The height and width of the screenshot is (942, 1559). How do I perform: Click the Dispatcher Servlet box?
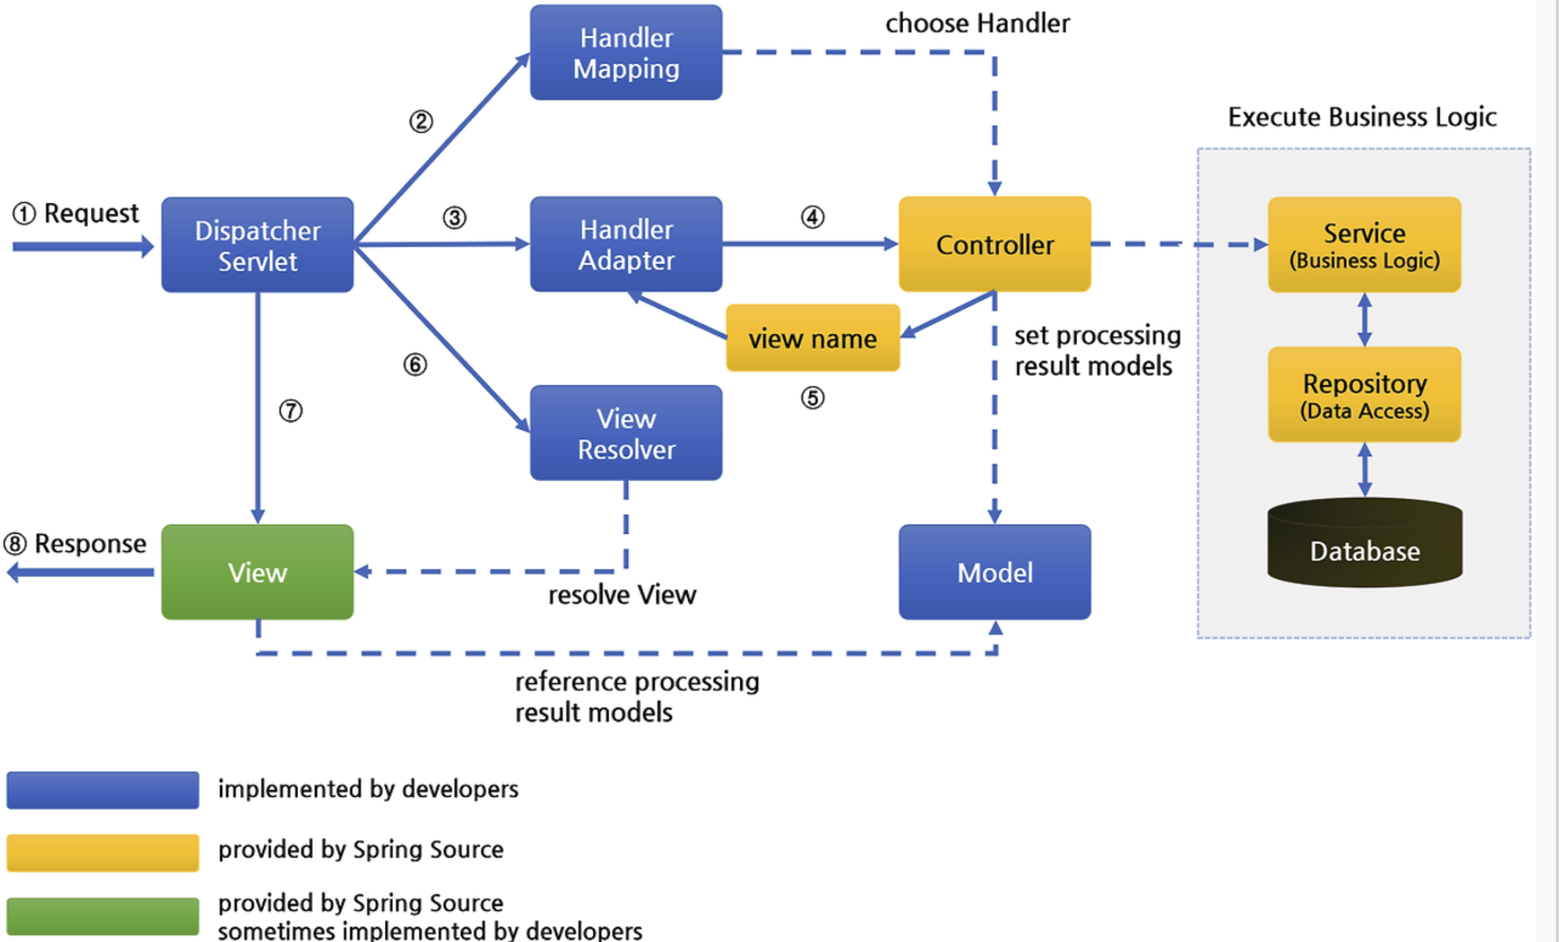(257, 245)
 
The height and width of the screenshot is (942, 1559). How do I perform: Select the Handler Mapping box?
(626, 52)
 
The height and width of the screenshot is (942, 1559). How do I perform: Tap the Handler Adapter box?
(626, 244)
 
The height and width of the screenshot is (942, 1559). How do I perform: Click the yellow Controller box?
(995, 244)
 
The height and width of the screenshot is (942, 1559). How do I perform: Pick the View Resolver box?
(626, 433)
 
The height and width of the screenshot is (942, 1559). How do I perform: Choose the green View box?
(257, 572)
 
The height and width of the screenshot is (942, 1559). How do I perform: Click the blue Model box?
(995, 572)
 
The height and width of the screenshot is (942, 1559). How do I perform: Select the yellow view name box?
(813, 338)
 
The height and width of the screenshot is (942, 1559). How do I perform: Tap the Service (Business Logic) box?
(1365, 244)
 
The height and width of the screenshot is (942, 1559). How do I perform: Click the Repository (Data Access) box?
(1365, 395)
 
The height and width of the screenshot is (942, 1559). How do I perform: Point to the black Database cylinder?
(1365, 542)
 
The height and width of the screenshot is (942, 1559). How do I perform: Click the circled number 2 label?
(421, 122)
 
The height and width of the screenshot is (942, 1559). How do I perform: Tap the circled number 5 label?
(812, 398)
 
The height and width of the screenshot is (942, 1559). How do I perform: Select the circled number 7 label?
(291, 410)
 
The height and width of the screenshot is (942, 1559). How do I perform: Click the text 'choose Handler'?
(978, 23)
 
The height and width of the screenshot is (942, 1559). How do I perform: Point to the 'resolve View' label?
(622, 595)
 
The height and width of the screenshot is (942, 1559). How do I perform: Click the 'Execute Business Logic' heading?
(1362, 117)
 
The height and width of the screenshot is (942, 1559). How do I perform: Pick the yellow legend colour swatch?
(102, 853)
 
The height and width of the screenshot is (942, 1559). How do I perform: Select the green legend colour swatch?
(102, 916)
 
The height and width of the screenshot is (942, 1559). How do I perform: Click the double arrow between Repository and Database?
(1365, 469)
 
